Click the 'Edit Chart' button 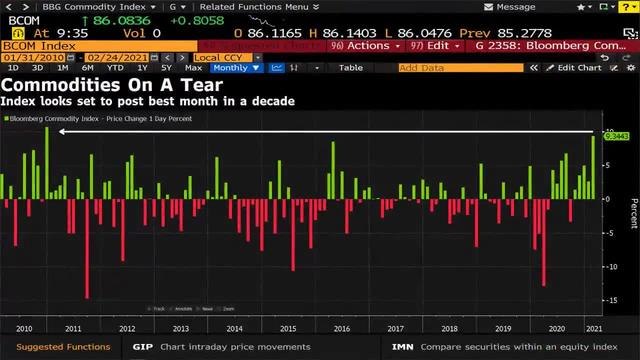(578, 68)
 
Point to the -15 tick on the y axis (612, 300)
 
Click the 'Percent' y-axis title (632, 213)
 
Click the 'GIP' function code (143, 347)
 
